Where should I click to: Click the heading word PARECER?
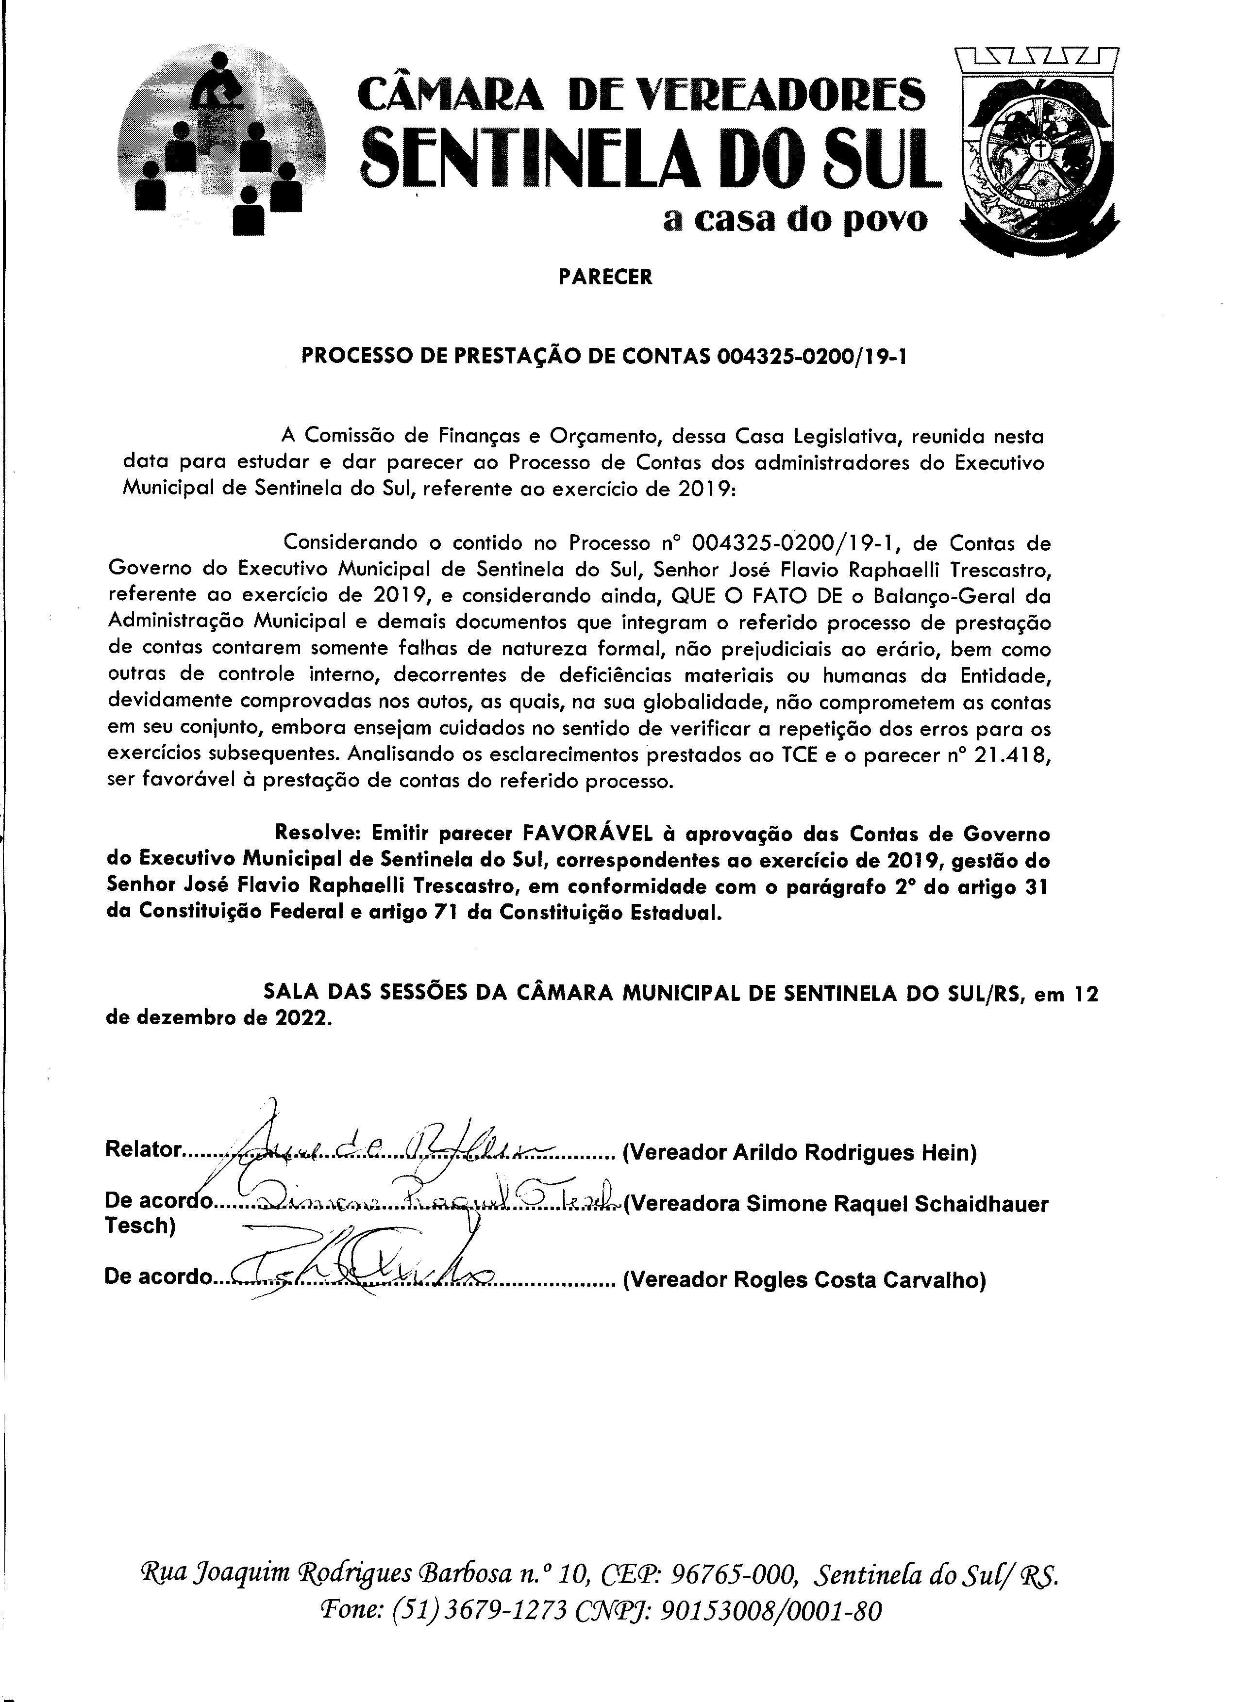pos(605,277)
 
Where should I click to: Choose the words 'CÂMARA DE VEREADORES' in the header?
pos(642,95)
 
